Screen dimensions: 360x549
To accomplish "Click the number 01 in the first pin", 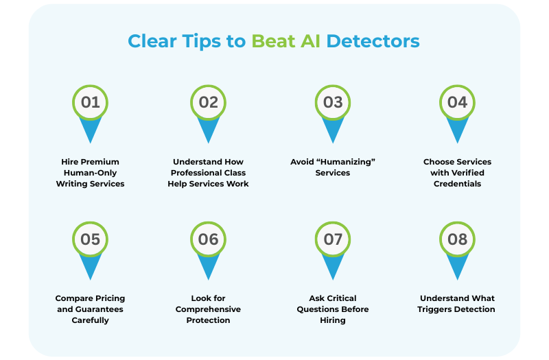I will (x=91, y=103).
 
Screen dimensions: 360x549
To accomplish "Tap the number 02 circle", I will (x=209, y=103).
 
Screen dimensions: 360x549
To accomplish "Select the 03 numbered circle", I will (x=333, y=103).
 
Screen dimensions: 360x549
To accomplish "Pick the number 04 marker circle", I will (x=457, y=103).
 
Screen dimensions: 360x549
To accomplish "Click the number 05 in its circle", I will (x=91, y=239).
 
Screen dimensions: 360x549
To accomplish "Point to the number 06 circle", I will (x=209, y=239).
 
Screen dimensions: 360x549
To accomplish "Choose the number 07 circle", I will (x=333, y=239).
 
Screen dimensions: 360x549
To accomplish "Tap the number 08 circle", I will (x=457, y=239).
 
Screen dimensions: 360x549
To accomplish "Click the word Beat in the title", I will (x=272, y=41).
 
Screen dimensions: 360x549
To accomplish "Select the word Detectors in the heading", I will (x=373, y=41).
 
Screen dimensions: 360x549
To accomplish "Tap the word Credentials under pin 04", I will (x=457, y=184).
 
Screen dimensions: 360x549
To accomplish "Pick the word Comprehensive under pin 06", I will (x=209, y=309).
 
